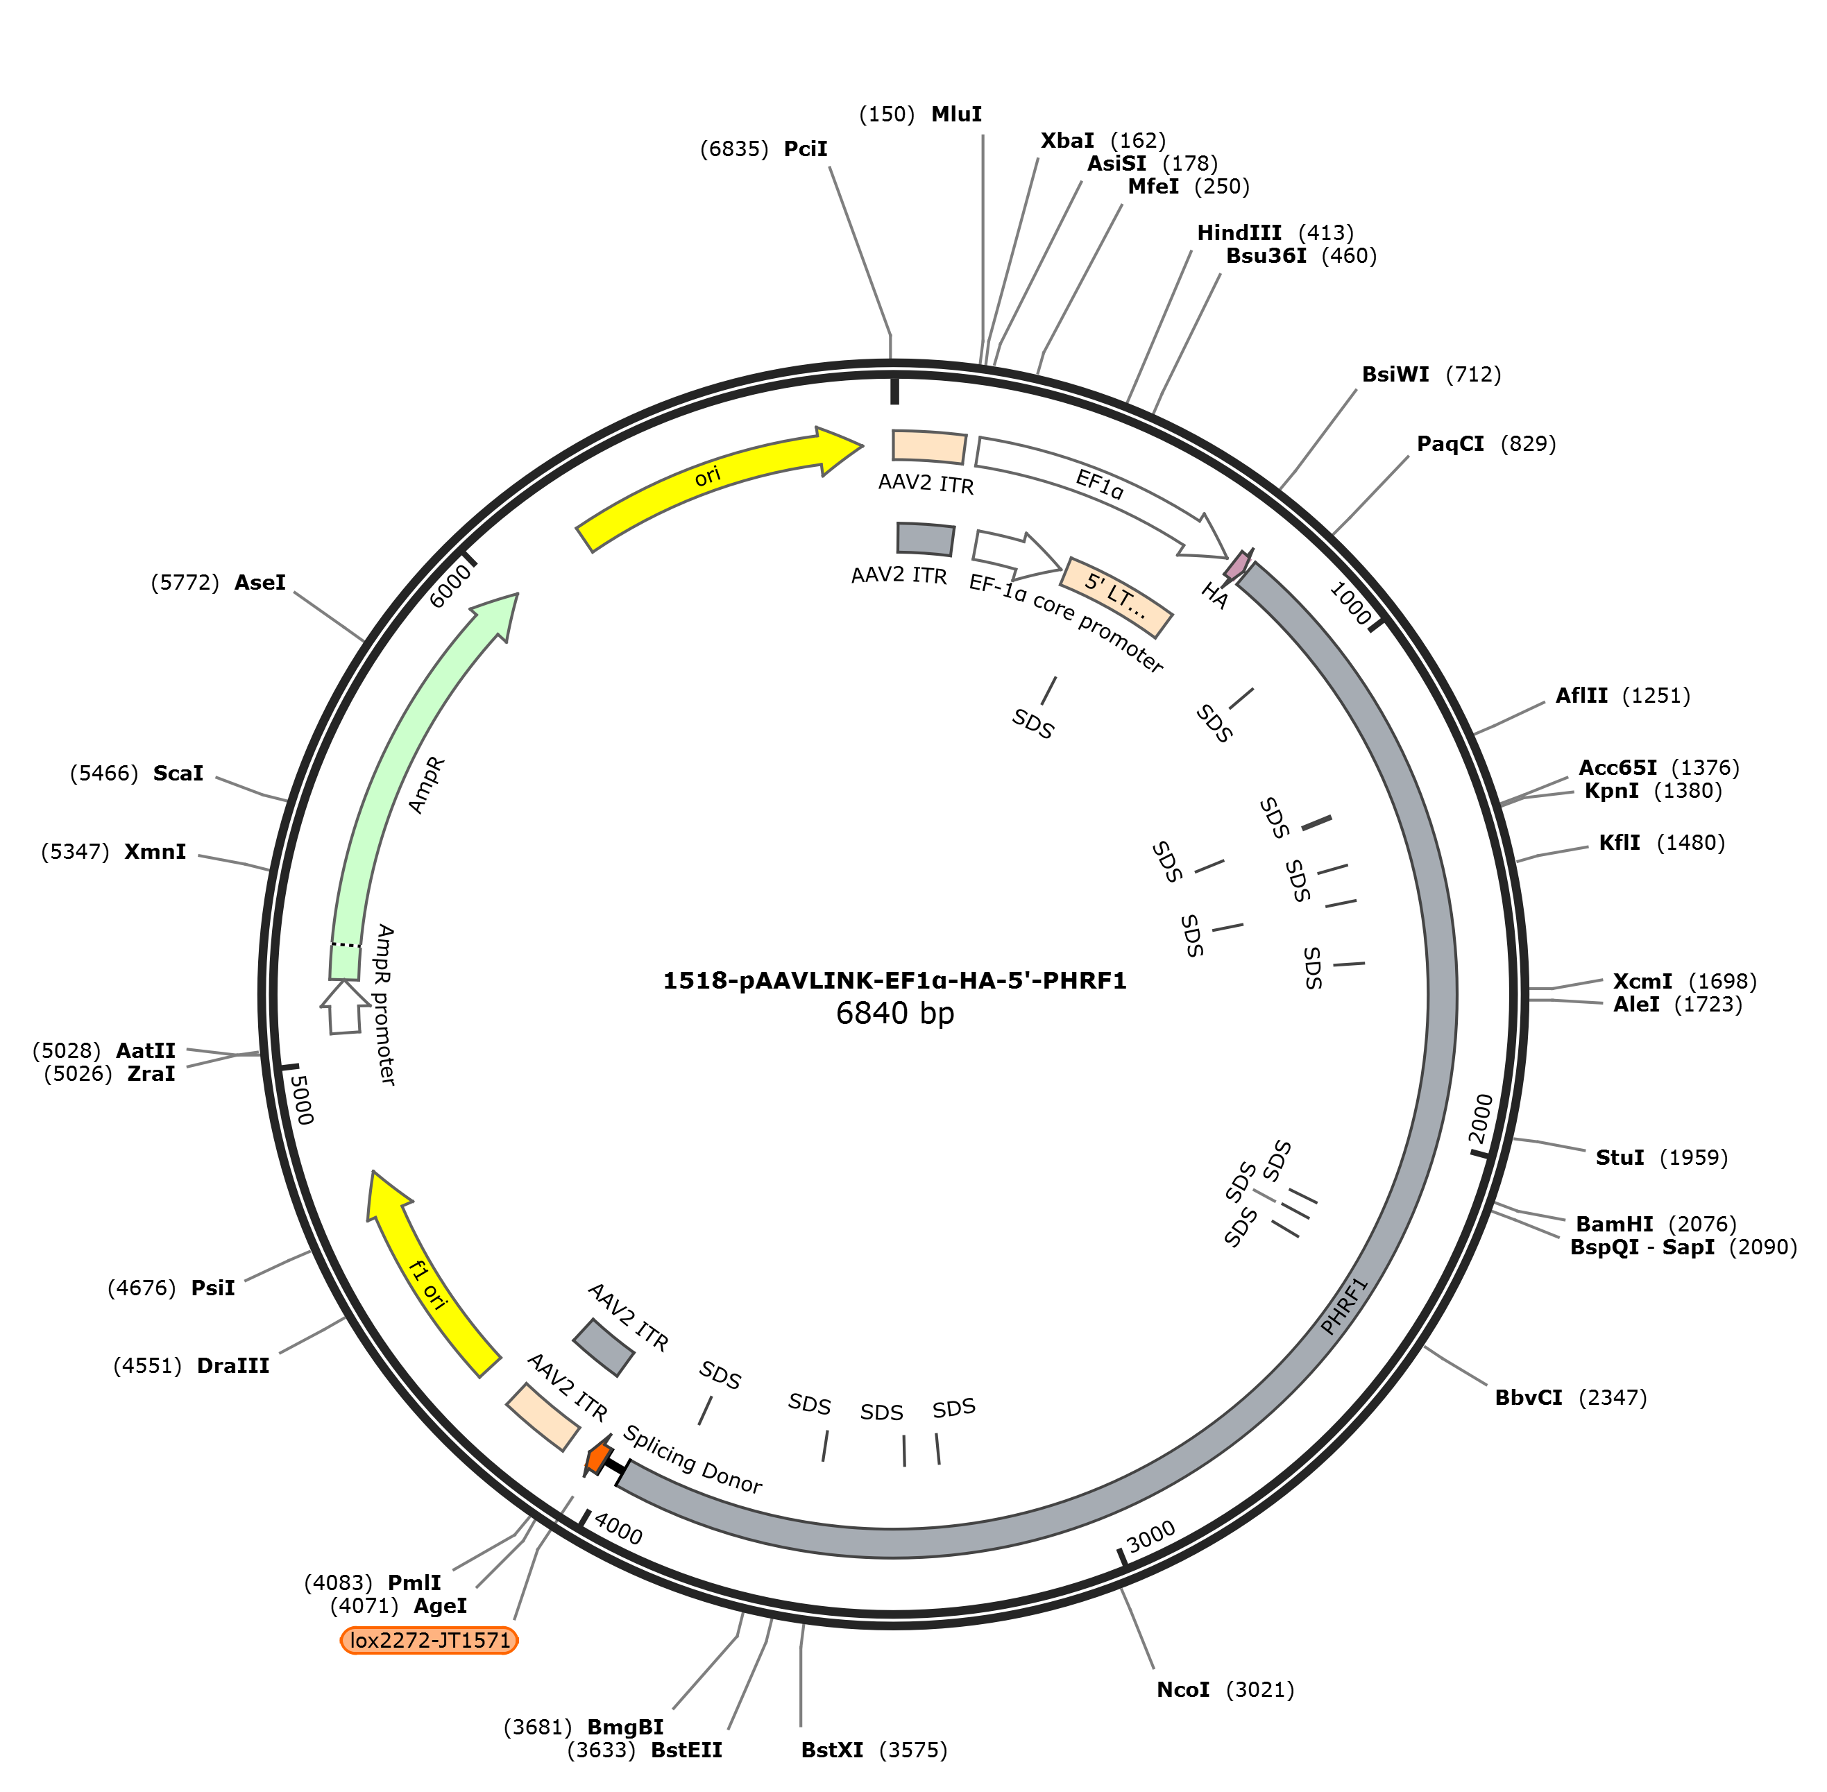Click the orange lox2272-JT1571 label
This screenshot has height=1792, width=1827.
[x=430, y=1641]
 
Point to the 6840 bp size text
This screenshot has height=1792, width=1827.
[x=895, y=1014]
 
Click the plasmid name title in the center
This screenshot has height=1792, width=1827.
[x=895, y=981]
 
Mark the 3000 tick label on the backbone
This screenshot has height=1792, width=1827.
[x=1151, y=1536]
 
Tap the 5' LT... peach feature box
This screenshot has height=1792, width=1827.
[x=1117, y=597]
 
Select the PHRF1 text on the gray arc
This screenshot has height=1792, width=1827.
[x=1343, y=1306]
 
